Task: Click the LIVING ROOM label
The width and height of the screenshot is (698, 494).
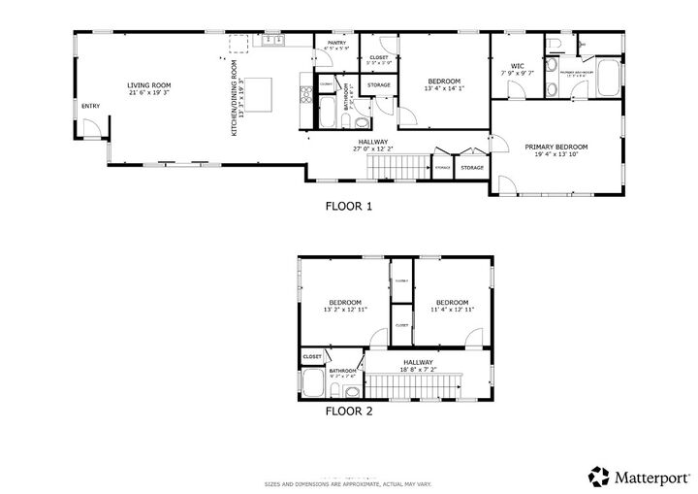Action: (x=148, y=85)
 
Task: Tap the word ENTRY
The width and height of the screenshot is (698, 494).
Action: (x=90, y=106)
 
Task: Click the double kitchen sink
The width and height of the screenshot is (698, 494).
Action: (x=271, y=40)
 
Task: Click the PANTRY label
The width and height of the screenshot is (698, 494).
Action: (x=336, y=43)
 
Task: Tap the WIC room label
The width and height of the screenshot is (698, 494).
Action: (x=517, y=66)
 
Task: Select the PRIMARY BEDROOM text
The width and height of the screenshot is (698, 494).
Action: (x=555, y=148)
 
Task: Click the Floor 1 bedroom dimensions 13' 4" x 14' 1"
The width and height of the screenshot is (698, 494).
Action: (x=444, y=89)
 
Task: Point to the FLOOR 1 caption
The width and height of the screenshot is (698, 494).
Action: (x=348, y=206)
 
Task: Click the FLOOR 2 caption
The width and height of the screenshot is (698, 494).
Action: (x=348, y=411)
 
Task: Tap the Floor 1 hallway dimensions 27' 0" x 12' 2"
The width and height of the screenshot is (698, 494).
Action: (x=373, y=148)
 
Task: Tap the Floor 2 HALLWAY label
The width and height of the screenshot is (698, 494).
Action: (x=418, y=362)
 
